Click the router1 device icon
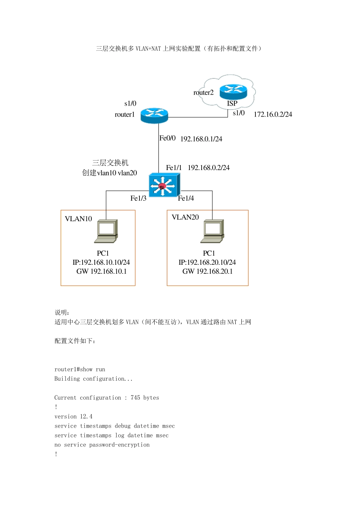click(x=154, y=116)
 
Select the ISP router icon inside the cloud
click(x=233, y=91)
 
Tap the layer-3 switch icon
click(x=164, y=185)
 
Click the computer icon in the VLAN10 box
click(x=106, y=231)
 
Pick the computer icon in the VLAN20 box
click(x=212, y=231)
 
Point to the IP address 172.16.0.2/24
click(x=273, y=114)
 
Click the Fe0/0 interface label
click(x=167, y=138)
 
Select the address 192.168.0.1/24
click(x=201, y=139)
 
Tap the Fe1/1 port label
click(x=174, y=168)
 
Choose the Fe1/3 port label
click(x=138, y=198)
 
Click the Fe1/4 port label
click(x=186, y=198)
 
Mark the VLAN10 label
click(x=78, y=219)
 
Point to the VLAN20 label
click(x=185, y=217)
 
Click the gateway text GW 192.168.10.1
click(x=102, y=271)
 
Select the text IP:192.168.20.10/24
click(x=207, y=262)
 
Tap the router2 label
click(x=203, y=92)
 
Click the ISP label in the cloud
click(x=232, y=103)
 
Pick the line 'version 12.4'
click(x=73, y=416)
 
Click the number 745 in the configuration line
click(x=135, y=397)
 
